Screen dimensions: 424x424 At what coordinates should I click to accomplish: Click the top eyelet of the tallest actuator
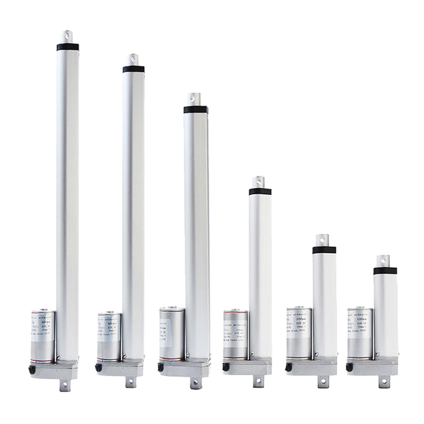tap(67, 36)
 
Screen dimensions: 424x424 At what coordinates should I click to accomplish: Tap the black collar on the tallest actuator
tap(67, 47)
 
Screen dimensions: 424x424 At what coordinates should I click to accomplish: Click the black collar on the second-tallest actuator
tap(134, 69)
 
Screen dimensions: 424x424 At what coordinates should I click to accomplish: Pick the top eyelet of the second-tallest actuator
tap(134, 59)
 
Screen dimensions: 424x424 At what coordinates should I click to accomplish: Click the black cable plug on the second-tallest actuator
tap(98, 367)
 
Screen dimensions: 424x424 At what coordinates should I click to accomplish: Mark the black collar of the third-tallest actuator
tap(196, 110)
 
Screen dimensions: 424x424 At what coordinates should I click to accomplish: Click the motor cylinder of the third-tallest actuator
tap(172, 334)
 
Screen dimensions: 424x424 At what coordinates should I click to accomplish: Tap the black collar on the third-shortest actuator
tap(260, 191)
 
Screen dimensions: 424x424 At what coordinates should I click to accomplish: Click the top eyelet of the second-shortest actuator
tap(324, 240)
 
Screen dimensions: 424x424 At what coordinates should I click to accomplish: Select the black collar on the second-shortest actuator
tap(324, 250)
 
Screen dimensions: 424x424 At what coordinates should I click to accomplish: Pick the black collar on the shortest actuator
tap(385, 271)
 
